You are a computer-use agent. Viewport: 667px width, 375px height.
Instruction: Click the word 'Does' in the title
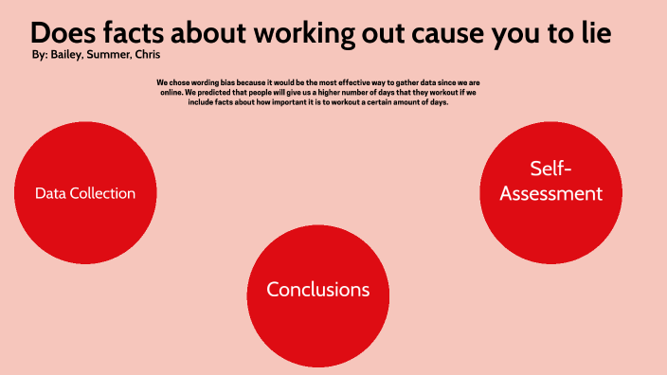tap(62, 32)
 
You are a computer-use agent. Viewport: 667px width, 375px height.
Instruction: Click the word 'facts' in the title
tap(134, 32)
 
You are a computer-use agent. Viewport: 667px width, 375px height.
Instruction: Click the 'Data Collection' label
tap(85, 193)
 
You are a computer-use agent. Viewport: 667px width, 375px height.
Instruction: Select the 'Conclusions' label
tap(317, 290)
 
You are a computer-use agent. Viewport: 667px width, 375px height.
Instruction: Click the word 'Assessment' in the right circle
tap(551, 194)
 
